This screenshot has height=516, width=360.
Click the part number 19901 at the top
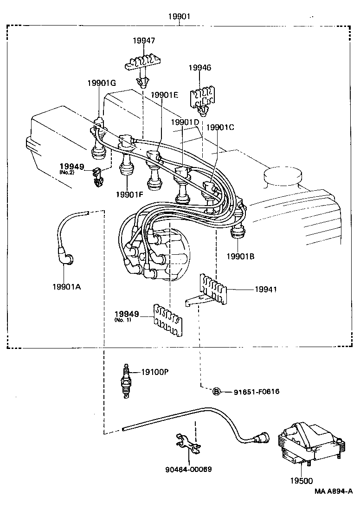pos(179,17)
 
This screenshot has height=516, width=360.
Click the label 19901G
pos(101,83)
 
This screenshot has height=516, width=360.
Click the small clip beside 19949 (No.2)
pos(97,177)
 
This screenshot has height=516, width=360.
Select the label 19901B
pos(240,256)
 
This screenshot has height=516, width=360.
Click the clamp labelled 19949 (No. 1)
pos(167,319)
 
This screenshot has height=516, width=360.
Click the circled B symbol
pos(216,392)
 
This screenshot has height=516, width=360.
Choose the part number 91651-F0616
pos(257,392)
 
